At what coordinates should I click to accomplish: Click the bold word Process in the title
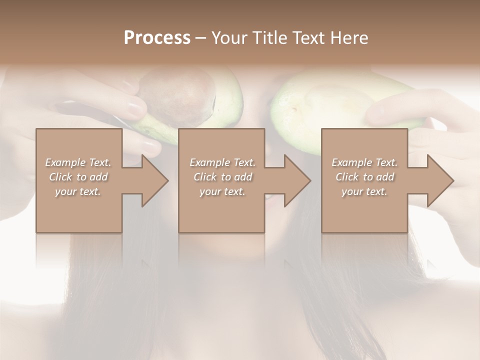click(157, 38)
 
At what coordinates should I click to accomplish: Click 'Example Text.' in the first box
click(78, 162)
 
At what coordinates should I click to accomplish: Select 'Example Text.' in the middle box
click(222, 162)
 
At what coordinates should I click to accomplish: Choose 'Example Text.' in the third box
click(364, 162)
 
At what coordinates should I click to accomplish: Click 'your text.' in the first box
click(78, 191)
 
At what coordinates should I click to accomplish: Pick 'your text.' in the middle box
click(222, 191)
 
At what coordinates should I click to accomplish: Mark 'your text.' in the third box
click(364, 191)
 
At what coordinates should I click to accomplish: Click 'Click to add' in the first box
click(78, 177)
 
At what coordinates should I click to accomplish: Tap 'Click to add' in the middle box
click(222, 177)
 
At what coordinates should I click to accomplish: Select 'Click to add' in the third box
click(364, 177)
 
